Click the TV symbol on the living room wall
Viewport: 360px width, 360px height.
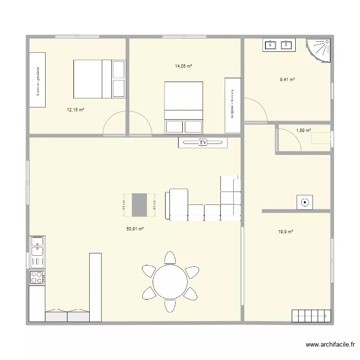tap(203, 143)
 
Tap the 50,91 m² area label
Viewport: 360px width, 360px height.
tap(135, 229)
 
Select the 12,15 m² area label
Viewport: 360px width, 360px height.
tap(75, 110)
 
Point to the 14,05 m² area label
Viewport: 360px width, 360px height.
tap(183, 66)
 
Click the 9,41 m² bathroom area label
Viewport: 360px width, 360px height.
tap(287, 80)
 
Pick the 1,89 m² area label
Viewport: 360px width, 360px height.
tap(303, 130)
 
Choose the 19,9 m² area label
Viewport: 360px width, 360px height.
tap(286, 232)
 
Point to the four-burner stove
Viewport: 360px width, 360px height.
tap(37, 277)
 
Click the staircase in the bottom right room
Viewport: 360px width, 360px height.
tap(311, 316)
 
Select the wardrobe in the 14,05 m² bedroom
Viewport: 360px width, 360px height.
tap(232, 105)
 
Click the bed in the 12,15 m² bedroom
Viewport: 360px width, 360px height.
tap(98, 78)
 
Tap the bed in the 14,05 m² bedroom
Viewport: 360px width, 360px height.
tap(183, 107)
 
